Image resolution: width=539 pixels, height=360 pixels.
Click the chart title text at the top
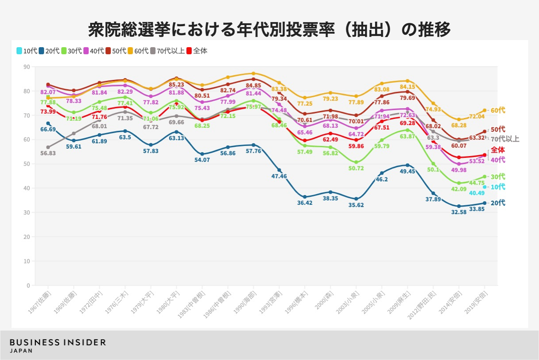point(269,29)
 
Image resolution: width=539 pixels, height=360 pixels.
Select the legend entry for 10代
point(27,51)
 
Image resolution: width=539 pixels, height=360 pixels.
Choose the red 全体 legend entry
point(197,51)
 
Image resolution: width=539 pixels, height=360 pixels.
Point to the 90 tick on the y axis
point(27,67)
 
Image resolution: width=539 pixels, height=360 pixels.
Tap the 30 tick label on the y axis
point(27,212)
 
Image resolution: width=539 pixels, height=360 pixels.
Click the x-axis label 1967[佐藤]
point(40,302)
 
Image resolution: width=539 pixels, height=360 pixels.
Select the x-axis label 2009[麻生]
point(399,302)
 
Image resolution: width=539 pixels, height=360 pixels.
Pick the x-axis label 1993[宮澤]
point(271,302)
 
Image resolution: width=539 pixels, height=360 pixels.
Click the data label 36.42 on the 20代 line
point(305,203)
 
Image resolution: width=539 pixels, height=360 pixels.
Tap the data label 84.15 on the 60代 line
point(407,87)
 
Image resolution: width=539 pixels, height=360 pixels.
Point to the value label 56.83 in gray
point(48,153)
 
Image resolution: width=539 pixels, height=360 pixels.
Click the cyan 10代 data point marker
point(484,187)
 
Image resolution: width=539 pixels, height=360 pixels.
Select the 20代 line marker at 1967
point(48,123)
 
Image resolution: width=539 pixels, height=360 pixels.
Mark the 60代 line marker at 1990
point(253,73)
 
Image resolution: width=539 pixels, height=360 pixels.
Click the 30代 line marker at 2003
point(356,163)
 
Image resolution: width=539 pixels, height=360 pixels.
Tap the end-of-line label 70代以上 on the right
point(505,139)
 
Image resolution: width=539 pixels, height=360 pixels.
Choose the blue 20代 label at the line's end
point(498,203)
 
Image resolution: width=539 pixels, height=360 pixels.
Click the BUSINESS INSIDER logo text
point(58,342)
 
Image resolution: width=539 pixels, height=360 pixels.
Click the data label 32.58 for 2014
point(459,212)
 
